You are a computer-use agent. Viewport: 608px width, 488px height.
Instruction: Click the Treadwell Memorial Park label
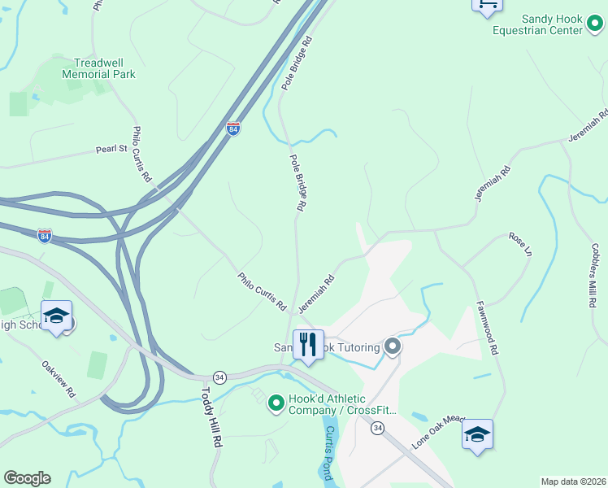click(98, 68)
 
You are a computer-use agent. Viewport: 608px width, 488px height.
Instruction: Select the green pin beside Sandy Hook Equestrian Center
click(596, 30)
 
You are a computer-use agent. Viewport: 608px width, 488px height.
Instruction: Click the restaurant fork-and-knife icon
click(308, 346)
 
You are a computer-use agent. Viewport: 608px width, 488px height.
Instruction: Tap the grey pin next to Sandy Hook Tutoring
click(393, 347)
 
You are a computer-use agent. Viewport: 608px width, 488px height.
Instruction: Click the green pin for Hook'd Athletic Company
click(276, 402)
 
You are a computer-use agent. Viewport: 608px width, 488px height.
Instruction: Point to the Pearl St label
click(112, 149)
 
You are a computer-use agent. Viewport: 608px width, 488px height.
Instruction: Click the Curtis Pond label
click(328, 451)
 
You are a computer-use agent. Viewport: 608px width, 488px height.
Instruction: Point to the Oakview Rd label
click(59, 378)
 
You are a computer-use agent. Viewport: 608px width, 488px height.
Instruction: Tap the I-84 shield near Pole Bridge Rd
click(233, 129)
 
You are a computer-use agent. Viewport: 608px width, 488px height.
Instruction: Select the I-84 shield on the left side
click(45, 236)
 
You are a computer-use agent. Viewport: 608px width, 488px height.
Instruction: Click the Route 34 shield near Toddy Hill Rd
click(219, 377)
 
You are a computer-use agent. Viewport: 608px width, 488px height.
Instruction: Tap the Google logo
click(27, 478)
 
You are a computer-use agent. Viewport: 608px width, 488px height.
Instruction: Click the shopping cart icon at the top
click(487, 6)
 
